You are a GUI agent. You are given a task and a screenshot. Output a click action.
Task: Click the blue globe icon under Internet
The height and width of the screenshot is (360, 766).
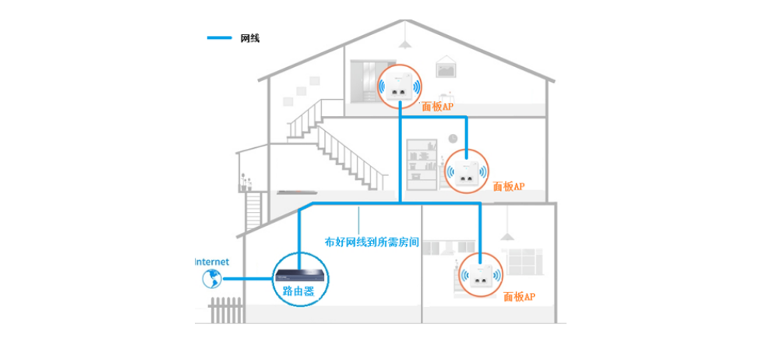point(210,280)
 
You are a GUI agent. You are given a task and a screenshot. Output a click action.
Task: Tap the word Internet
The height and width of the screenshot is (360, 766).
point(211,262)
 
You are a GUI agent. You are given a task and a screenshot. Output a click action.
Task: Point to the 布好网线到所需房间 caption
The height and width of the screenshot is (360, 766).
point(372,242)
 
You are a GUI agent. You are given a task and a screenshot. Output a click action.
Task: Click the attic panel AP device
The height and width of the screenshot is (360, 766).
point(400,86)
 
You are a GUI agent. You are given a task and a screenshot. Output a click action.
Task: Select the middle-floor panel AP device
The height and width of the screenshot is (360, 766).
point(466,171)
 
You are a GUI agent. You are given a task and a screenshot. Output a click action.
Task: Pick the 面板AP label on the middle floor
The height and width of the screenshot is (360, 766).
point(509,187)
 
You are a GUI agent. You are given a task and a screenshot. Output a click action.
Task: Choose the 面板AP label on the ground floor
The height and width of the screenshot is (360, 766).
point(519,297)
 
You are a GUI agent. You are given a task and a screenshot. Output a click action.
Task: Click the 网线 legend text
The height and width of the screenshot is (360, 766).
point(249,37)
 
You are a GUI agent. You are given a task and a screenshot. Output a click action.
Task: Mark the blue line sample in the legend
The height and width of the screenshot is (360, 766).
point(219,37)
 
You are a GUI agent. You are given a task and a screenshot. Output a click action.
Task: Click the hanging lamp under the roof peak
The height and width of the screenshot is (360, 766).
point(404,41)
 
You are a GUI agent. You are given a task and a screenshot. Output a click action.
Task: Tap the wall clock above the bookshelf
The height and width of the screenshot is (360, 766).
point(451,139)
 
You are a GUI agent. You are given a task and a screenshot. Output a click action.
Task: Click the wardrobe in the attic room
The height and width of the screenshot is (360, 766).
point(363,79)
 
